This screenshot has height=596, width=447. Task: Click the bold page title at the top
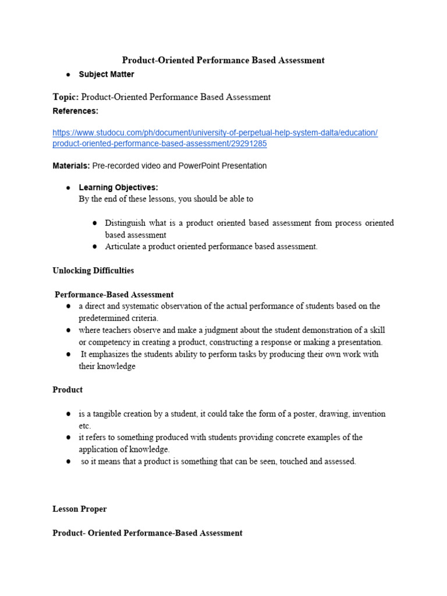pos(223,60)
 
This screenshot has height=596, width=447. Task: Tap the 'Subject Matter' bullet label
pos(107,74)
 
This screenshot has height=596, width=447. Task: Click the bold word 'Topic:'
pos(65,97)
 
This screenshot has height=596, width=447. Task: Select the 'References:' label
pos(76,111)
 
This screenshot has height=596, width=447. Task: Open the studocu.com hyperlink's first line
pos(215,133)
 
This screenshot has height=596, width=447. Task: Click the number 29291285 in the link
pos(249,143)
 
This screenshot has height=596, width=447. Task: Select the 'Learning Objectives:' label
pos(118,187)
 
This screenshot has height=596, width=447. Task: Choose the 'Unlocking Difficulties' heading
pos(93,271)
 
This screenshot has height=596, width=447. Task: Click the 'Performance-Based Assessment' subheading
pos(114,295)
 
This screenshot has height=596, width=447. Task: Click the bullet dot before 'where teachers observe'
pos(69,330)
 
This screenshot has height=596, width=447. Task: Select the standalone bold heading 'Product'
pos(68,389)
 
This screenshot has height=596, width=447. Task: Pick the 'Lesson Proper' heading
pos(80,509)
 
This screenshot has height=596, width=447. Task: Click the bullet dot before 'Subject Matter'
pos(69,74)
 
